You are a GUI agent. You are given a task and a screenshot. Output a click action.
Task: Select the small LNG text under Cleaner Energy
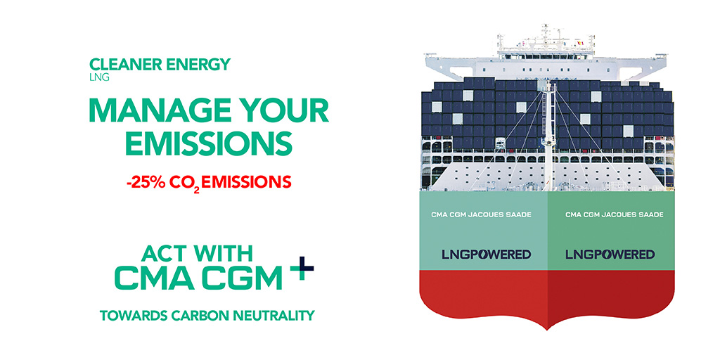(99, 77)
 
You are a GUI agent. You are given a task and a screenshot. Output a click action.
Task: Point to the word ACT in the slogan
(165, 253)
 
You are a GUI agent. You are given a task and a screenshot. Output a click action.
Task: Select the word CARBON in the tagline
(202, 315)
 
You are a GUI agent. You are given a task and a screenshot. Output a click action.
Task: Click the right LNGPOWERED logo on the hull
(610, 254)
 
